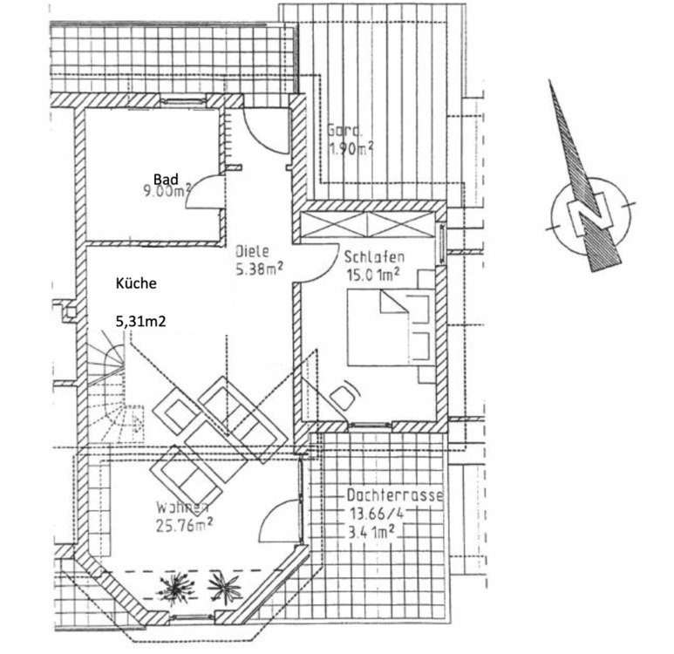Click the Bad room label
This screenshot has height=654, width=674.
(x=166, y=179)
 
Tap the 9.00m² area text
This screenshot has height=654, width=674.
(x=167, y=191)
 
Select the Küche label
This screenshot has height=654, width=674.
(x=135, y=284)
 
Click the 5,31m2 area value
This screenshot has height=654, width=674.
(x=141, y=322)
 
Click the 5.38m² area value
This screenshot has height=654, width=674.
(x=259, y=269)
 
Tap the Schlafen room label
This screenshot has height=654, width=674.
(x=372, y=259)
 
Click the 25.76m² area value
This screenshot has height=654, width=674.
(x=186, y=524)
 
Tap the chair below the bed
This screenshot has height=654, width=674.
(x=343, y=398)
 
